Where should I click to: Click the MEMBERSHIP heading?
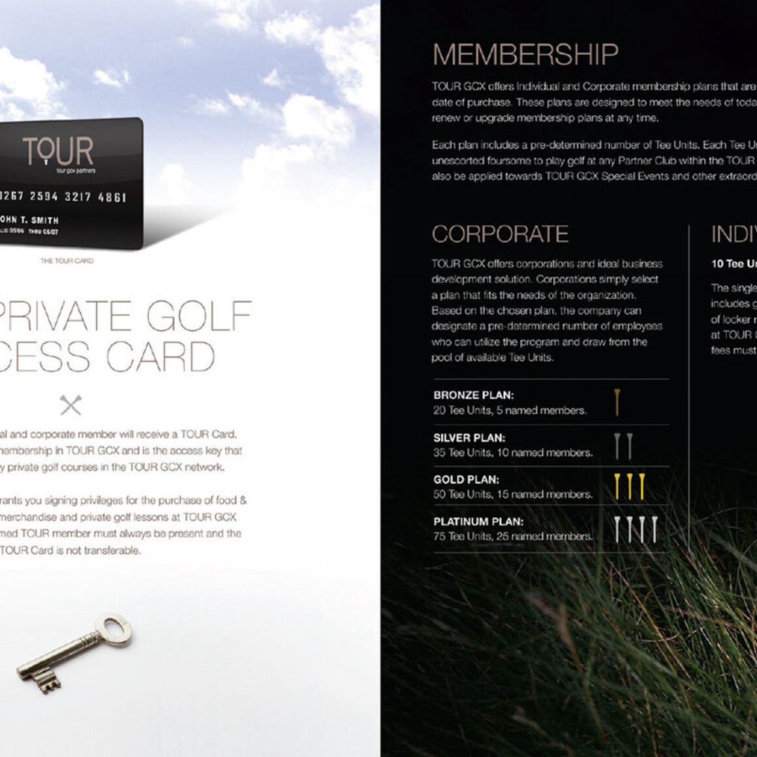(525, 55)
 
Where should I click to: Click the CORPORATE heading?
(500, 234)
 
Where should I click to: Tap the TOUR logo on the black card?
(58, 152)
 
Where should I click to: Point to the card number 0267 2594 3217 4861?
(63, 196)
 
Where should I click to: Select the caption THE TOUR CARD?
(67, 261)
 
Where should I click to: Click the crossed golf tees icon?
(70, 405)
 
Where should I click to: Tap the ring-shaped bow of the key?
(116, 629)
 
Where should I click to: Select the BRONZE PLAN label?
(473, 395)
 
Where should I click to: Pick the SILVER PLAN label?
(469, 438)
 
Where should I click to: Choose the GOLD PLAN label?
(466, 480)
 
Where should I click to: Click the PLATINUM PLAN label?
(478, 521)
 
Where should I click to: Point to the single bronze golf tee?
(617, 403)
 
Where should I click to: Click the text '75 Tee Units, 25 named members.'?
(513, 536)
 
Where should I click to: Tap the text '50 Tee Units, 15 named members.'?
(513, 495)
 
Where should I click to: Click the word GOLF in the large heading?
(198, 317)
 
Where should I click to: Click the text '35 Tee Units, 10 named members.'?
(513, 453)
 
